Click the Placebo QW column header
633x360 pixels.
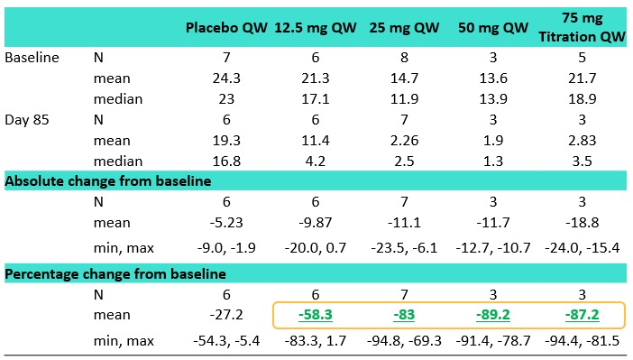coord(226,27)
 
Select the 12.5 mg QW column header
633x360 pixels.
coord(316,27)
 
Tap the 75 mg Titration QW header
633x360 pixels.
coord(582,27)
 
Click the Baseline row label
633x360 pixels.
coord(32,58)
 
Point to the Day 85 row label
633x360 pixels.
coord(27,120)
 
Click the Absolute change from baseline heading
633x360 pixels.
coord(108,181)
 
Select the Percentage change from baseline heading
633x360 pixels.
coord(115,274)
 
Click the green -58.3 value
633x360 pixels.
coord(316,315)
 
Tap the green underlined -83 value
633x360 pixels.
coord(404,315)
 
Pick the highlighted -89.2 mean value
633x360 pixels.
coord(493,315)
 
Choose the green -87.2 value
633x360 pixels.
coord(582,315)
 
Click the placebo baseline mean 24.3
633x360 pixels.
coord(226,78)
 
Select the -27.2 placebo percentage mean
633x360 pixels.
coord(226,315)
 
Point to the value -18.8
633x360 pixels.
coord(582,223)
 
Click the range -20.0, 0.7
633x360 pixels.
coord(316,248)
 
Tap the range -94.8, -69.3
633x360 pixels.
coord(404,341)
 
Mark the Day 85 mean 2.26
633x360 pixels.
coord(404,140)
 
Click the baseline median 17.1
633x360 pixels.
coord(316,99)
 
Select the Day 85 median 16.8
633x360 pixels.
coord(226,162)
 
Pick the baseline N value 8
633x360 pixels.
coord(404,58)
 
